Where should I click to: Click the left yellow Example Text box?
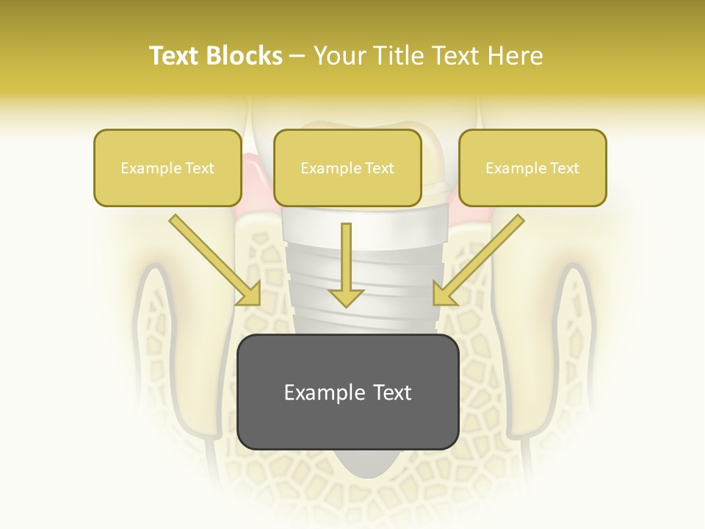point(167,168)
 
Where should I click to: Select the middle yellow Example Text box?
point(347,168)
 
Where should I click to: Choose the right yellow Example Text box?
point(532,168)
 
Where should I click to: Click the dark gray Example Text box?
point(347,392)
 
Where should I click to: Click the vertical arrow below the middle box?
point(347,261)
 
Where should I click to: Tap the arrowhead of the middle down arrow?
point(347,298)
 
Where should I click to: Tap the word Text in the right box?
point(564,168)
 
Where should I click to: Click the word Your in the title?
point(337,56)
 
